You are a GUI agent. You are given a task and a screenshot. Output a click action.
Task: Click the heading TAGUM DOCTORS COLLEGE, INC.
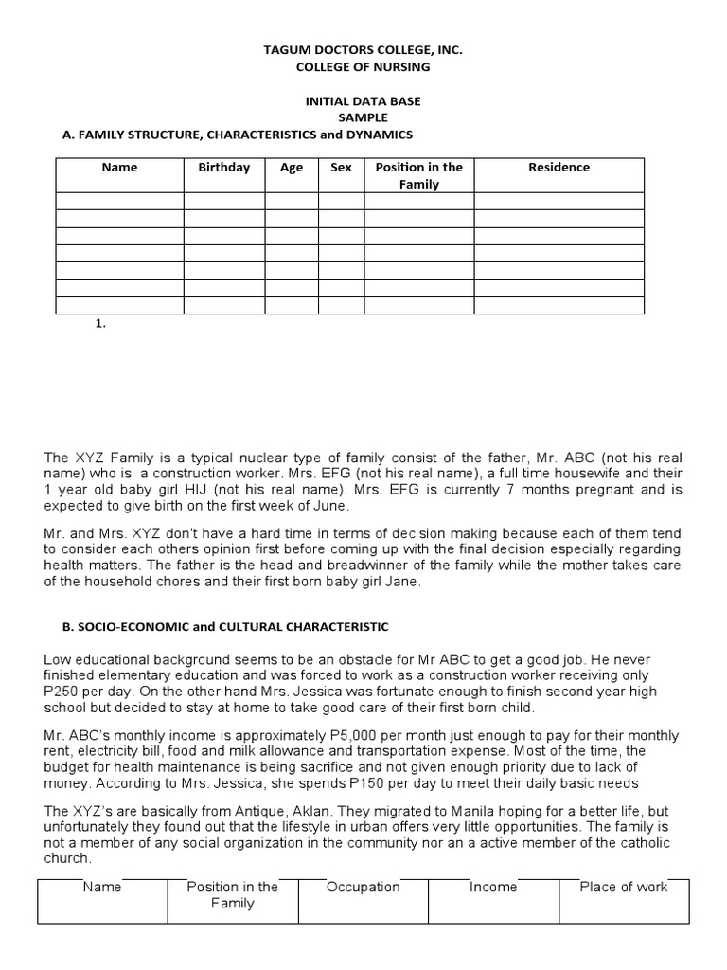(363, 49)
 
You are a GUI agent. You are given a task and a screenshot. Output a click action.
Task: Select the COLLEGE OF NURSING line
(363, 67)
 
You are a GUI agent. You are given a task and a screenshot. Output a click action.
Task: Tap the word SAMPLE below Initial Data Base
(363, 117)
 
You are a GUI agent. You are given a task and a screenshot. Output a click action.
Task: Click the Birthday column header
(224, 168)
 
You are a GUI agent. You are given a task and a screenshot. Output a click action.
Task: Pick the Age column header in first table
(292, 168)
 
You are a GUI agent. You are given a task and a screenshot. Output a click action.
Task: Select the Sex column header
(341, 168)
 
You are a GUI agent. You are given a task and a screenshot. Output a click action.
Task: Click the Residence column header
(559, 168)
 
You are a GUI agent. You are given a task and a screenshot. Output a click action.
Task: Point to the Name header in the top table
(119, 168)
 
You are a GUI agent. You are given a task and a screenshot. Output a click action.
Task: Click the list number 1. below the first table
(101, 324)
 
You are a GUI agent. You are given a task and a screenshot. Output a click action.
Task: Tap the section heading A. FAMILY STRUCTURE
(238, 135)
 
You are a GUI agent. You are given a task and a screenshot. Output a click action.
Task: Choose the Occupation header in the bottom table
(363, 888)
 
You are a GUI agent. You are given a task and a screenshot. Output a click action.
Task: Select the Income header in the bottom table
(493, 888)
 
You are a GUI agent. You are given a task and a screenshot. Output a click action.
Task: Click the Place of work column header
(623, 888)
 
